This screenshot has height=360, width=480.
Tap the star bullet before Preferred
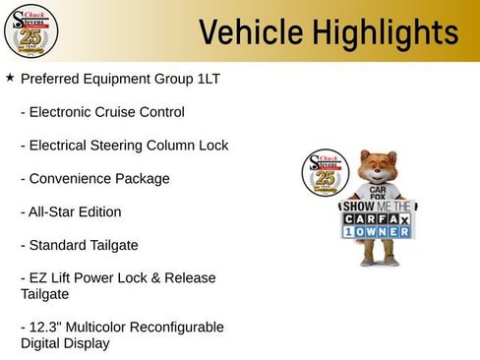[10, 76]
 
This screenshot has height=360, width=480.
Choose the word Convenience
[73, 179]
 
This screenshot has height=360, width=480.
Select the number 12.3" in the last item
[48, 327]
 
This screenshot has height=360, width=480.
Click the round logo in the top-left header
[30, 31]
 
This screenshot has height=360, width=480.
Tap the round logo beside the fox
[326, 175]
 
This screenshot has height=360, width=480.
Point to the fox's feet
[378, 263]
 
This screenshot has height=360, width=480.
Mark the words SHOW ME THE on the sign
[375, 207]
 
